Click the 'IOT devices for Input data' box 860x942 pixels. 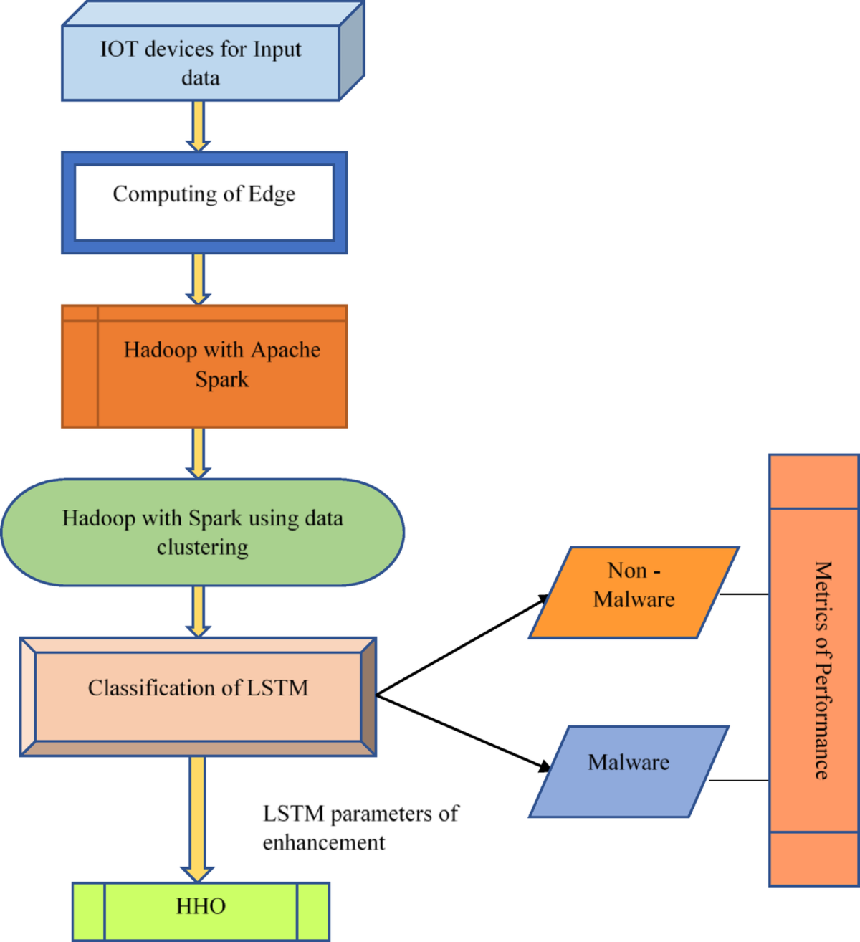[201, 63]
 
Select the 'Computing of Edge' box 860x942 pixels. [204, 202]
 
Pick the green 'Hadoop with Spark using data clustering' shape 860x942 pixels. [203, 533]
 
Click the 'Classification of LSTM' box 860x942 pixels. [198, 688]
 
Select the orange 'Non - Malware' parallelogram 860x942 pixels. [634, 592]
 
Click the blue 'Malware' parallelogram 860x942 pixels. [629, 771]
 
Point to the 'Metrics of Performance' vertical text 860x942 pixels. [822, 670]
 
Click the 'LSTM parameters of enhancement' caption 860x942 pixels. [360, 828]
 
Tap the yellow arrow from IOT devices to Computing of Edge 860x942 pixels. [199, 125]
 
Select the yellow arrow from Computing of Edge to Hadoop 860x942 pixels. [199, 278]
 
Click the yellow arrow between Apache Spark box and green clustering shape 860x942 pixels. [199, 452]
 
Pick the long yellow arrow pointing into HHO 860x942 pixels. [197, 817]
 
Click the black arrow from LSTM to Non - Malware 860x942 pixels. [462, 645]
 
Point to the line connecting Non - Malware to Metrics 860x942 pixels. [744, 594]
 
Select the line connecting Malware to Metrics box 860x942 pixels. [739, 780]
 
